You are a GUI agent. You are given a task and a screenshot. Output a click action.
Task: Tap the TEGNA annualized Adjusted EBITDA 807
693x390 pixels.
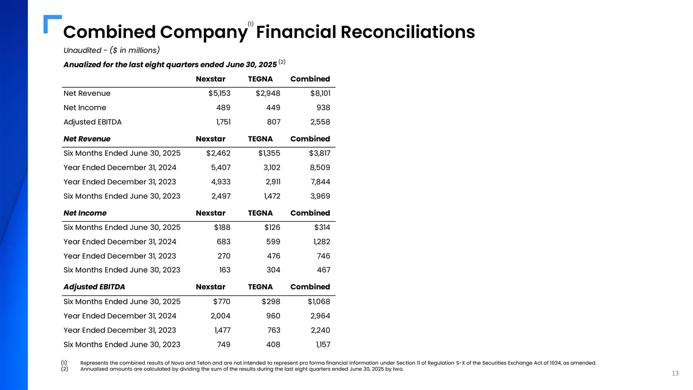click(x=272, y=122)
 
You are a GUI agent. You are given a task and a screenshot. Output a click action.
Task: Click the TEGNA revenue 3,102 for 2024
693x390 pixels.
click(x=269, y=168)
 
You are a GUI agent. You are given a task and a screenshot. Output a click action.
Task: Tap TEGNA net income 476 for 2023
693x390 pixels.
click(x=272, y=256)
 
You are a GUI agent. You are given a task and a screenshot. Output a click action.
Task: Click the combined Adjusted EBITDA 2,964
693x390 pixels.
click(x=318, y=316)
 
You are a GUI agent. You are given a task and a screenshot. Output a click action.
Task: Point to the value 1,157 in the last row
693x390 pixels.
click(x=319, y=344)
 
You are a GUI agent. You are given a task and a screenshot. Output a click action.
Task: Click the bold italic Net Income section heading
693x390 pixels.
click(x=85, y=213)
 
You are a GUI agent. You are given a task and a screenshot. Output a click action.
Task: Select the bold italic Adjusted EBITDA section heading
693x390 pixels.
click(x=94, y=287)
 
